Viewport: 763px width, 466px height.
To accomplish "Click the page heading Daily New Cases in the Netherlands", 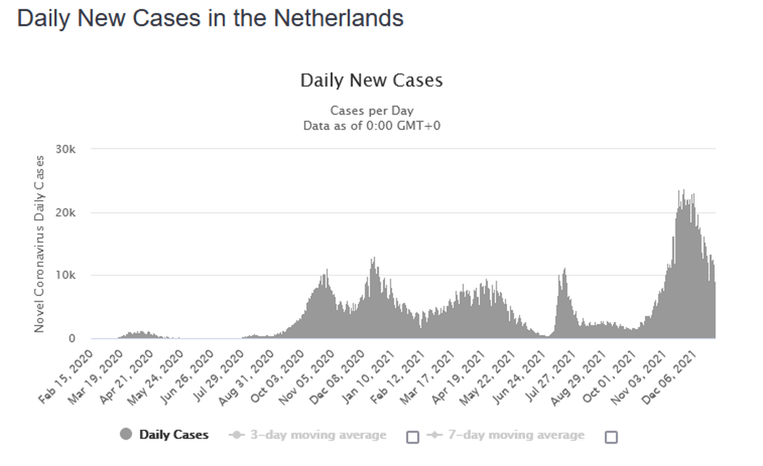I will point(210,18).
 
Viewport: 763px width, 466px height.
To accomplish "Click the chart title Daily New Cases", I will point(371,81).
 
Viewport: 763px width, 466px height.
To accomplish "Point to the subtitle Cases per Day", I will point(371,111).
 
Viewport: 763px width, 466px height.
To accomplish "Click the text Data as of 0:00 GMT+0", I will point(371,126).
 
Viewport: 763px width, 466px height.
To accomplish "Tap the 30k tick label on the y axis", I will point(66,149).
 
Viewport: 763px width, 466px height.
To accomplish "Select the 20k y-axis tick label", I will point(66,212).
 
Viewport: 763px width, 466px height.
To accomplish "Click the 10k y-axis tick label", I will point(66,275).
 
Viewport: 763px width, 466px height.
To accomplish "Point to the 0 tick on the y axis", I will point(72,339).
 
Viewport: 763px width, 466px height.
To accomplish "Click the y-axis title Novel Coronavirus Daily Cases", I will point(39,244).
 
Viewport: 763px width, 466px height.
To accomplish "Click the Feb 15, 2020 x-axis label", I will point(67,376).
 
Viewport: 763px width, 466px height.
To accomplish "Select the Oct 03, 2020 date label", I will point(276,376).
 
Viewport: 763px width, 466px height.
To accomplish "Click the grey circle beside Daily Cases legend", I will point(126,435).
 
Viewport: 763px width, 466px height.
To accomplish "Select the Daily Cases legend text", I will point(174,435).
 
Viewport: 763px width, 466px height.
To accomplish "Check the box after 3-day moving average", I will point(413,436).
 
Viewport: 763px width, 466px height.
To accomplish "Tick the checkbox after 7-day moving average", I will point(611,436).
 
